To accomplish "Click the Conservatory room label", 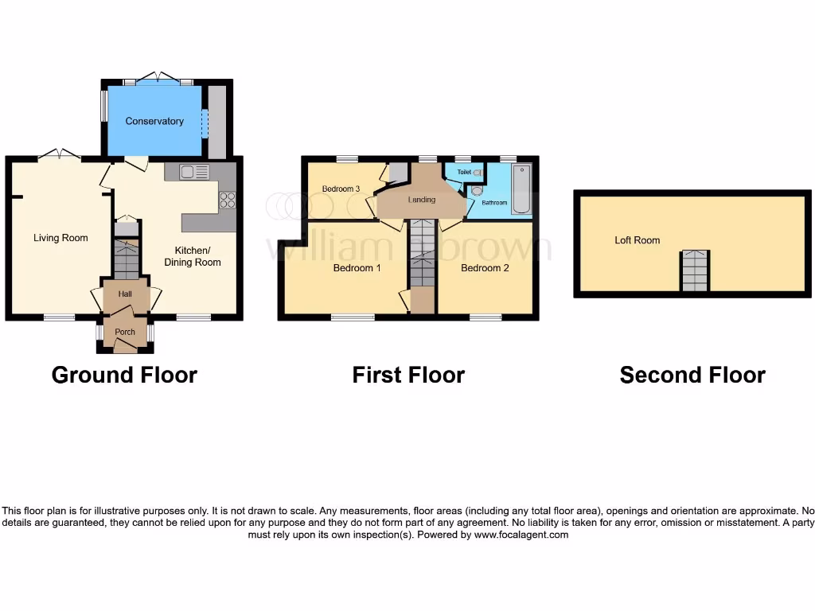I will click(x=154, y=121).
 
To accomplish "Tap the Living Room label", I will click(x=60, y=238).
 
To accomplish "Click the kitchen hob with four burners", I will click(x=228, y=200).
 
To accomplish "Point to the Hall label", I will click(x=125, y=294).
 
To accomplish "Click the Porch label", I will click(x=125, y=332).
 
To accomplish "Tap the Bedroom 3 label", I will click(x=341, y=189).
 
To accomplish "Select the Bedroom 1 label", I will click(x=357, y=268).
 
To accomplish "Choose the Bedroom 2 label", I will click(x=485, y=268).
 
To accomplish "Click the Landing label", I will click(x=422, y=200).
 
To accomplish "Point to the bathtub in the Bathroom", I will click(x=521, y=190).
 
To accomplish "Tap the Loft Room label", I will click(x=637, y=239).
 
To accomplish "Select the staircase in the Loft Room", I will click(x=694, y=271).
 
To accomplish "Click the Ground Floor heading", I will click(x=124, y=375).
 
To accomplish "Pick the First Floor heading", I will click(x=408, y=375).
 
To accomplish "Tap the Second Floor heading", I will click(x=692, y=375).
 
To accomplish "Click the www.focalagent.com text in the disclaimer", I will click(x=521, y=535).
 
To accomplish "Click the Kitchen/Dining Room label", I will click(x=193, y=256).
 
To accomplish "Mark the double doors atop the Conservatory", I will click(x=158, y=78).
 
